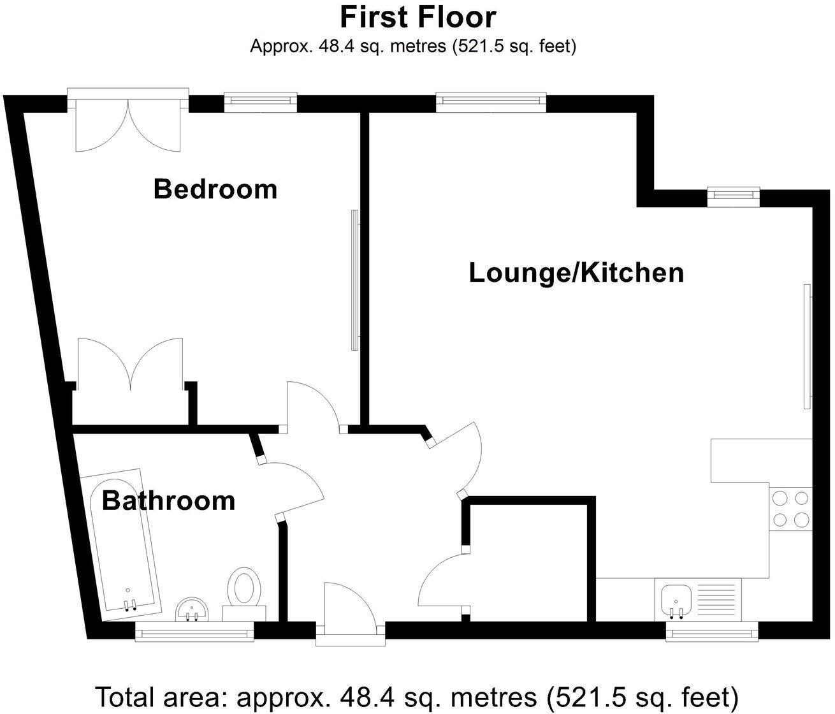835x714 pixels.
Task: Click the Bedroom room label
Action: click(215, 189)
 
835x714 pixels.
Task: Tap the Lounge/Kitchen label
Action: click(576, 273)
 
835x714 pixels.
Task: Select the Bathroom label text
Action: click(168, 501)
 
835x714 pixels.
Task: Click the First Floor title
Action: click(417, 17)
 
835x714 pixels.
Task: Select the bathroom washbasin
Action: click(192, 609)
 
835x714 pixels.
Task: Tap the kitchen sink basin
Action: click(675, 600)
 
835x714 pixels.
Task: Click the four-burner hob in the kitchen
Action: click(790, 509)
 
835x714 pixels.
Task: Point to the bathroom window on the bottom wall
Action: click(194, 632)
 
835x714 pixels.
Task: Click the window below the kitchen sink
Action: click(711, 632)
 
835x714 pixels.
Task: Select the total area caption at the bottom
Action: click(417, 696)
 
